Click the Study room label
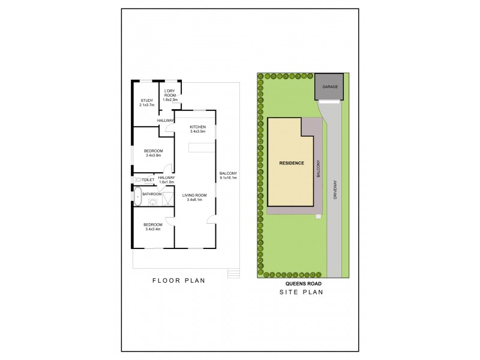click(x=147, y=100)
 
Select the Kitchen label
click(x=197, y=127)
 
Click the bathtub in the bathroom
click(x=137, y=197)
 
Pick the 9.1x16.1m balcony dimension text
click(x=229, y=178)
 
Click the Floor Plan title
click(x=179, y=280)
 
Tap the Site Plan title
click(x=302, y=293)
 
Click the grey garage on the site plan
click(x=329, y=86)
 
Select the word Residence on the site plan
click(x=292, y=163)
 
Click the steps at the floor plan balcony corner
click(x=233, y=274)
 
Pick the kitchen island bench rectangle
click(x=201, y=148)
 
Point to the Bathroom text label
click(x=152, y=194)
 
